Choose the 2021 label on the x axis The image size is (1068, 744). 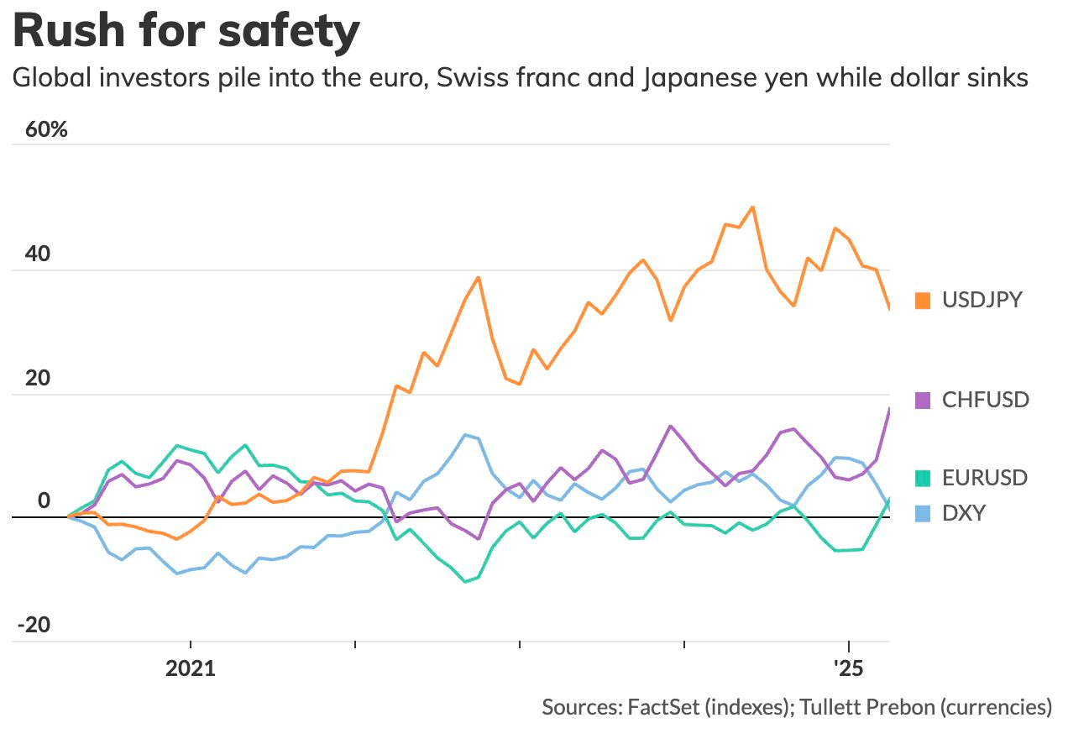point(191,669)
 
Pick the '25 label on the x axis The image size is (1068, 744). point(849,669)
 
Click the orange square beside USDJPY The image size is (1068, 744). point(924,301)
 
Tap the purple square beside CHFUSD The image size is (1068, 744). point(924,400)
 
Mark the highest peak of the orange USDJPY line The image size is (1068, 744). point(752,207)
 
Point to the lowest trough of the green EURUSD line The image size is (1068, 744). point(465,581)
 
